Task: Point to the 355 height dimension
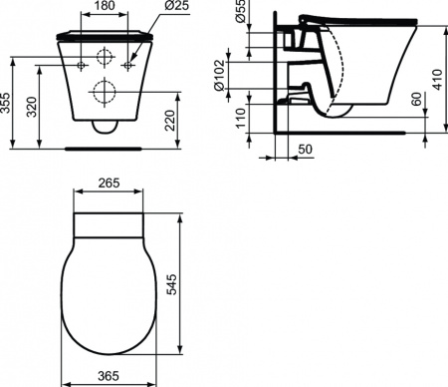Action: [x=8, y=103]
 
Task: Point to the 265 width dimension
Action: [x=110, y=183]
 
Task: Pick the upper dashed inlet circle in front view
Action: [x=105, y=55]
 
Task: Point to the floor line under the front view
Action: [x=105, y=146]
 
